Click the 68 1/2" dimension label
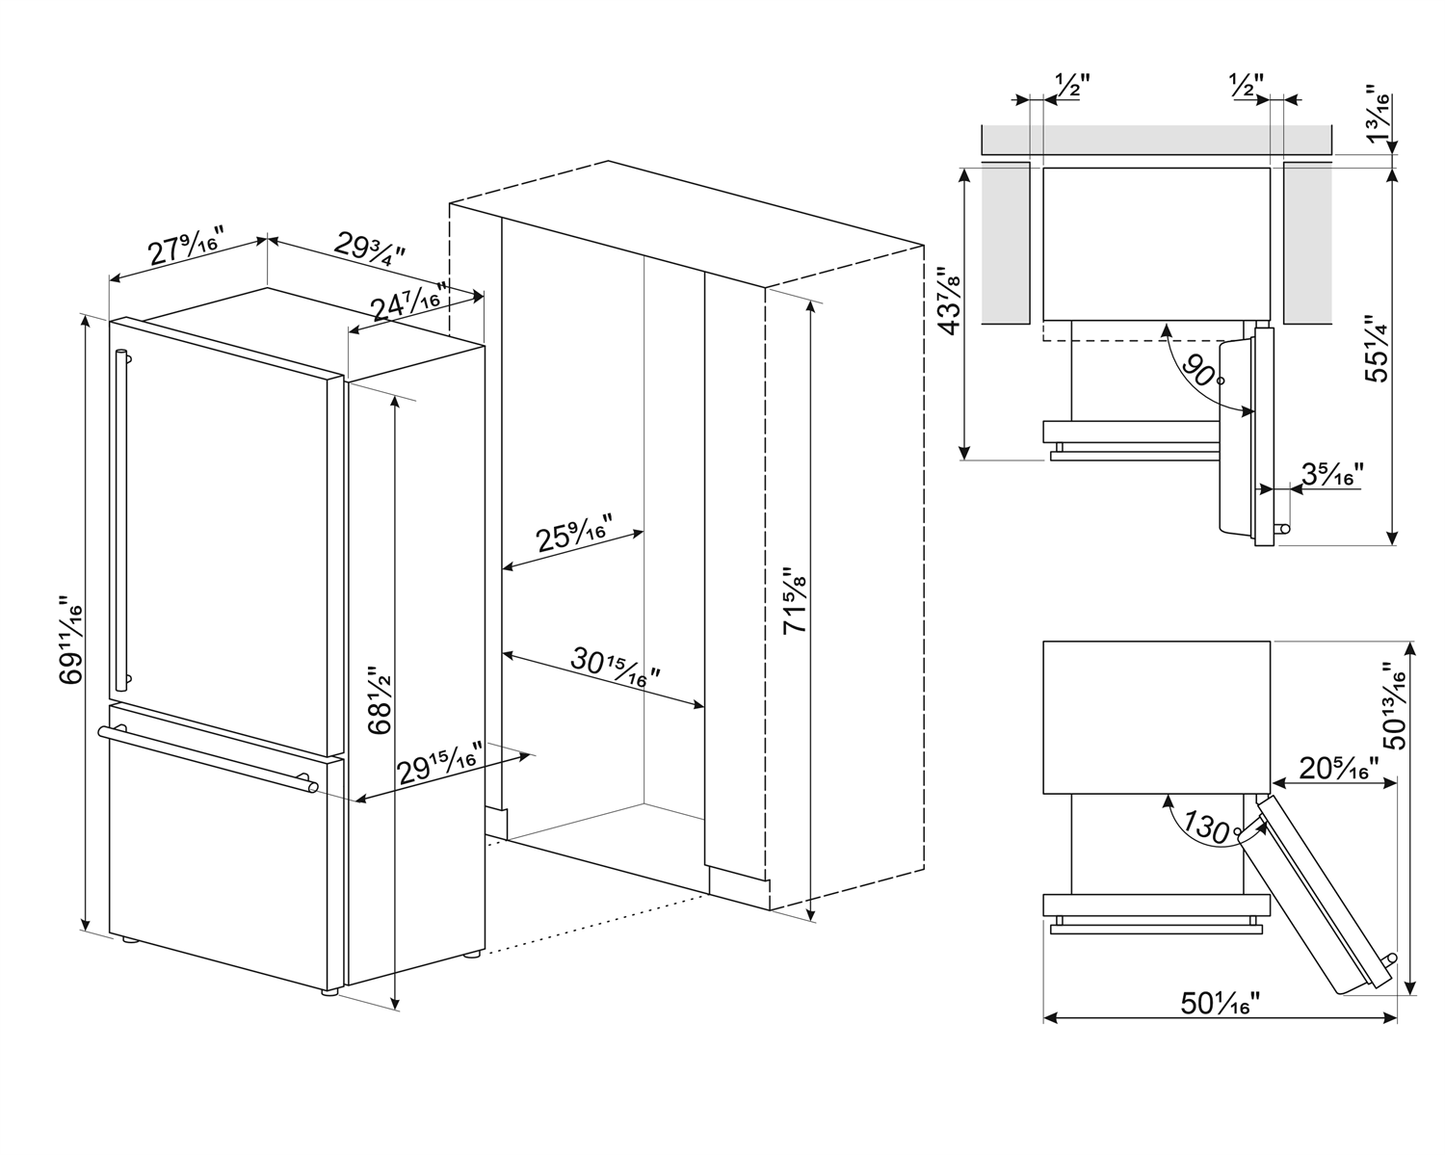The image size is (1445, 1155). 381,698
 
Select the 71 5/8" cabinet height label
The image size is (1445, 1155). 794,599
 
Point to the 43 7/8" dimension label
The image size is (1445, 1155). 948,301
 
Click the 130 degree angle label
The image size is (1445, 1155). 1204,827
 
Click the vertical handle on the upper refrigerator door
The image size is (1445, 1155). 120,520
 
